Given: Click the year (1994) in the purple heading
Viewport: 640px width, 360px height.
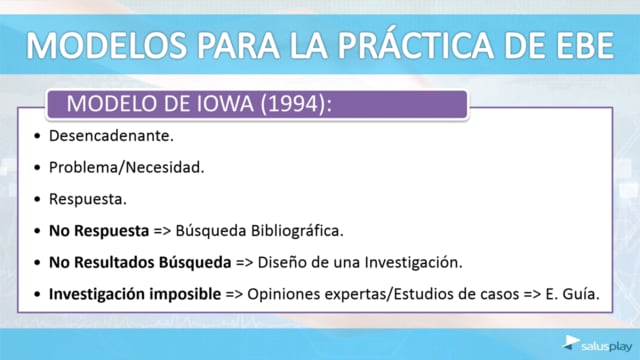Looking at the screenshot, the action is coord(293,104).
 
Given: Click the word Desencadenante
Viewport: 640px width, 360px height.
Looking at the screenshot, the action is coord(111,136).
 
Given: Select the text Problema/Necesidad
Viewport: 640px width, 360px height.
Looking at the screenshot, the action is coord(127,167).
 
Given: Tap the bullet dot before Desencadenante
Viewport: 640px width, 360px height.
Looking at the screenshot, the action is coord(38,136).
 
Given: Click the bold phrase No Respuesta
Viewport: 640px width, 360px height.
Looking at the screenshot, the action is coord(99,231).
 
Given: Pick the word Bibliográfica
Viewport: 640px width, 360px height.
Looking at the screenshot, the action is coord(297,231).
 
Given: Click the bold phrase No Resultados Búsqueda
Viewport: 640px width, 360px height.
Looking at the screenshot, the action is coord(140,262).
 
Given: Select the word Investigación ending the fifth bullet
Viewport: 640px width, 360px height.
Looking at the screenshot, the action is coord(413,262).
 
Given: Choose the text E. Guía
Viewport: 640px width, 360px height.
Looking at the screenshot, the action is coord(573,294).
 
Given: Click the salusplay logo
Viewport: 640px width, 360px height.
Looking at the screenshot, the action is coord(597,344).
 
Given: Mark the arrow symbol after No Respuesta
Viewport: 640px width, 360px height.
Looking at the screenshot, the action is coord(162,231).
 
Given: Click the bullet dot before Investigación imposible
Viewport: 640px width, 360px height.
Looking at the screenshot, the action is coord(38,294).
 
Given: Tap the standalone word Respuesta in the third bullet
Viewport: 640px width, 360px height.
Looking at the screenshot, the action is coord(88,200).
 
